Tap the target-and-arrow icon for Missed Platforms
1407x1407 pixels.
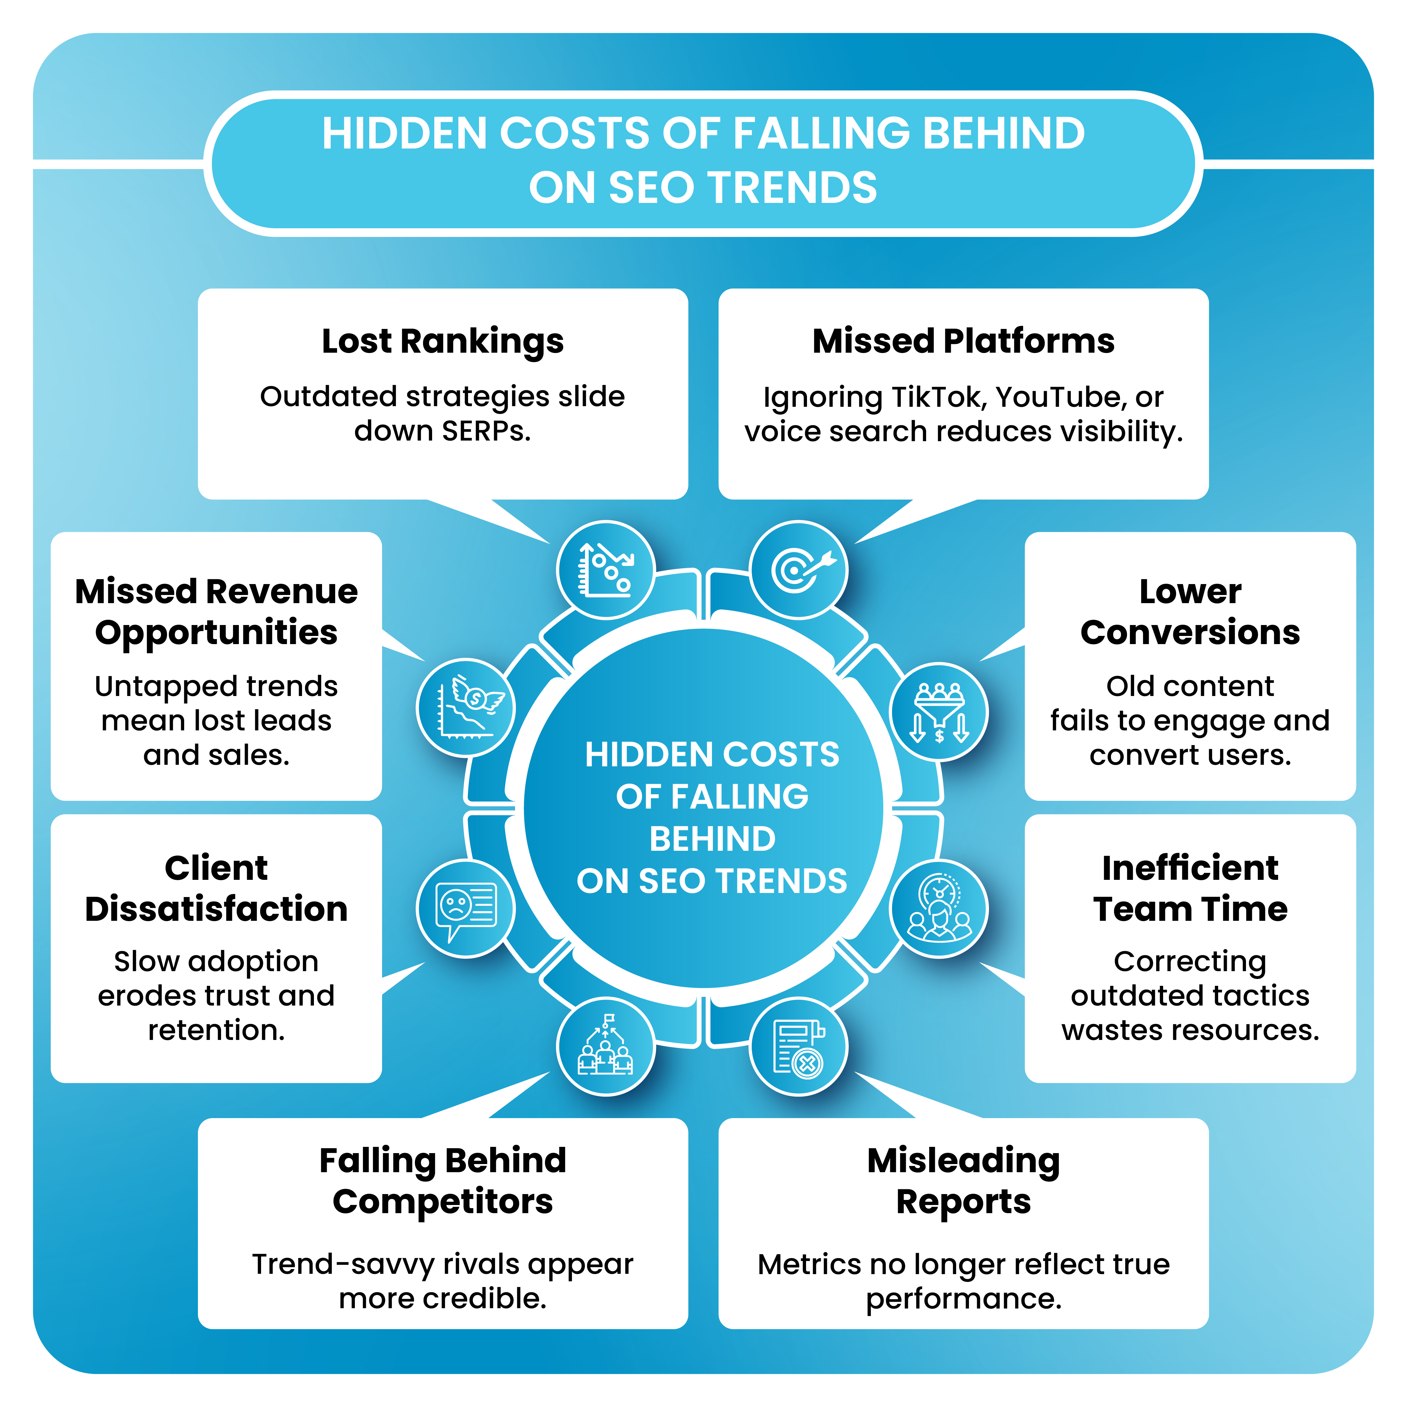[x=799, y=569]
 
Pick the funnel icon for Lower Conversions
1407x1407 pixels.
[x=939, y=712]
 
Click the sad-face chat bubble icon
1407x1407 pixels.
[x=466, y=908]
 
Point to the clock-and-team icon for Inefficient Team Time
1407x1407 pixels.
[x=939, y=908]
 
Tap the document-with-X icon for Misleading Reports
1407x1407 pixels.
[x=799, y=1046]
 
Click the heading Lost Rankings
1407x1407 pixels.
[x=443, y=341]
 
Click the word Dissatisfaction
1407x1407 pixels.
[x=216, y=909]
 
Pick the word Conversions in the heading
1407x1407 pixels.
[x=1190, y=632]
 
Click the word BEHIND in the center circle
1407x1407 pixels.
[x=712, y=839]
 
